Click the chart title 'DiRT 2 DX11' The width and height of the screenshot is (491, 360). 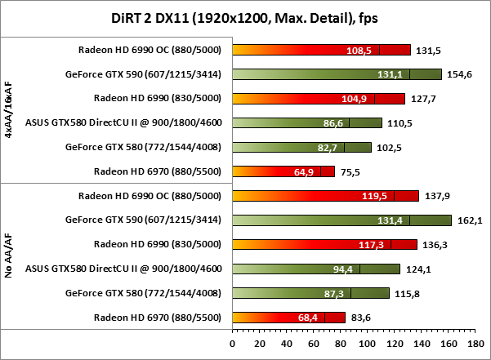point(245,17)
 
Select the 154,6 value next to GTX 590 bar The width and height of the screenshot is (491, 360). point(458,74)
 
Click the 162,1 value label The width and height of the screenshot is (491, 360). point(466,220)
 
